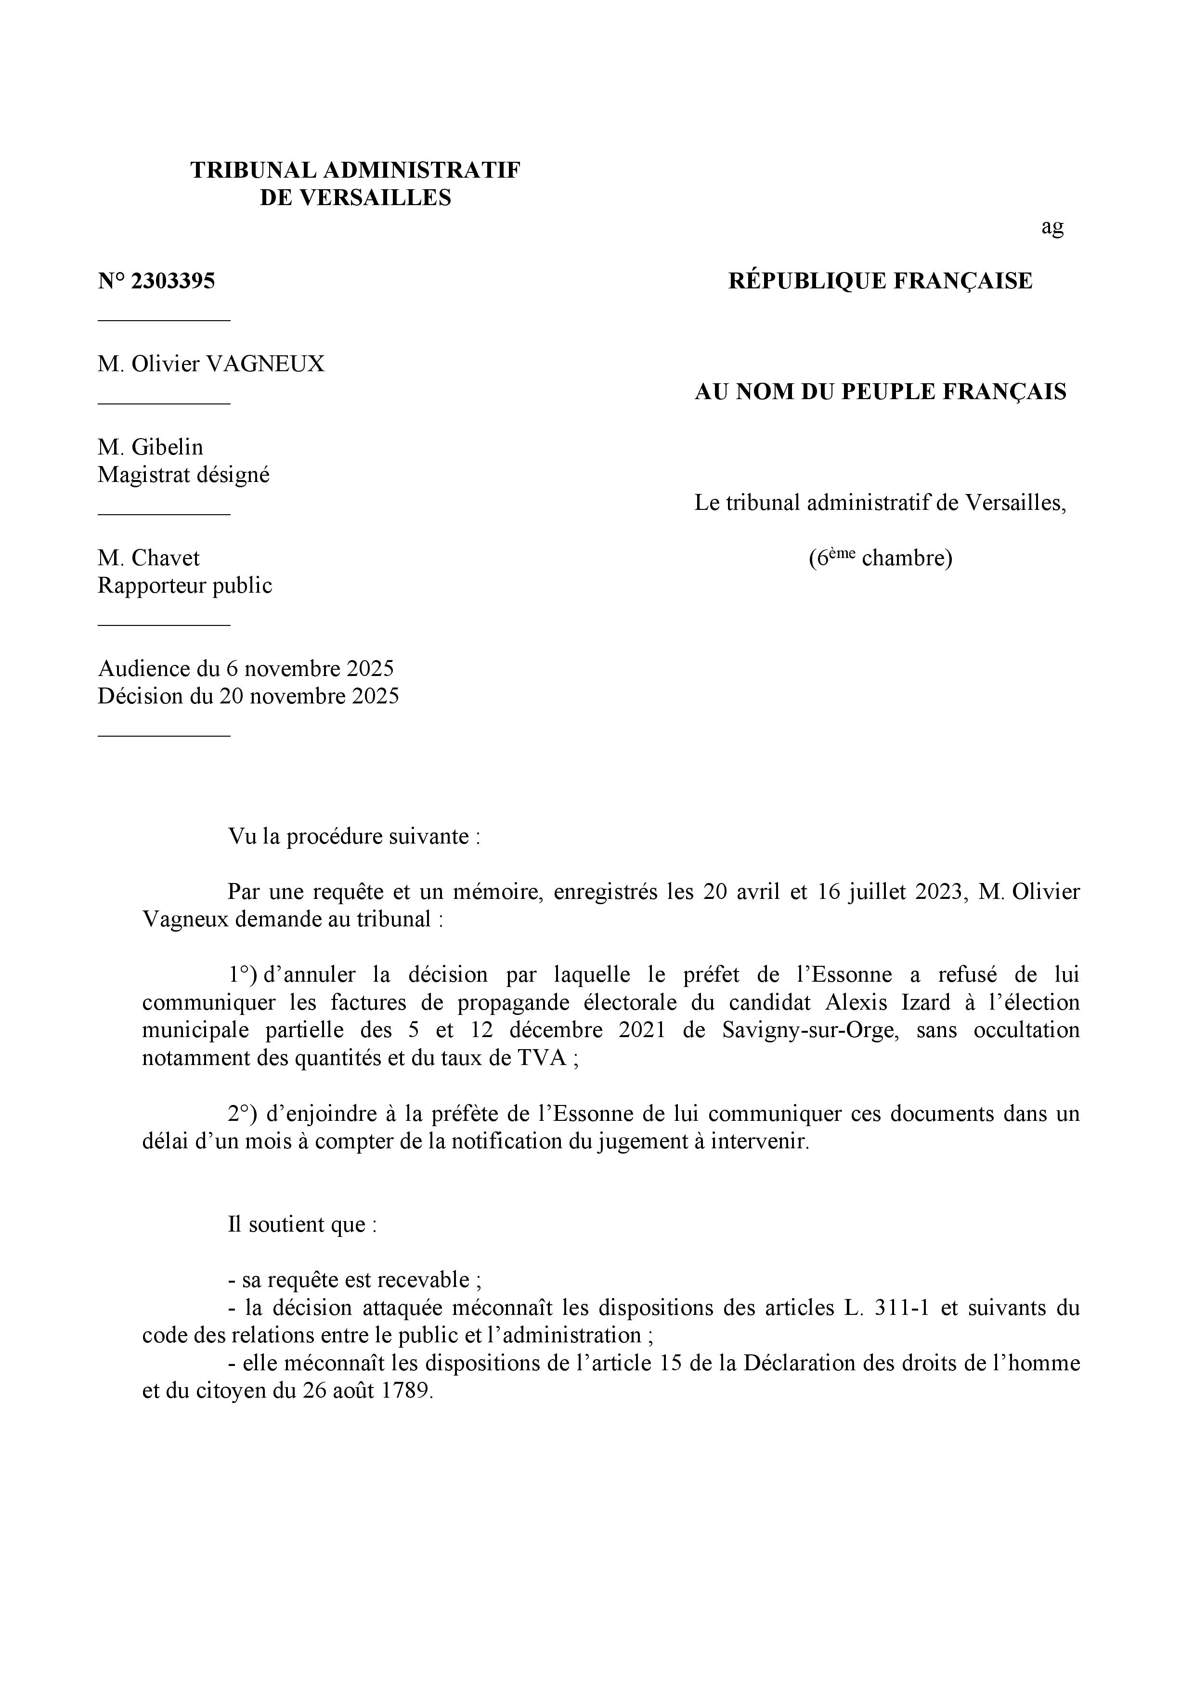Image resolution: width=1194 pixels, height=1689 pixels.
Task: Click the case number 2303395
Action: point(172,281)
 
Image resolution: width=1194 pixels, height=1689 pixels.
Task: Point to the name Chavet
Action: point(166,559)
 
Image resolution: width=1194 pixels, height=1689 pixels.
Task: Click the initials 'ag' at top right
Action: point(1052,227)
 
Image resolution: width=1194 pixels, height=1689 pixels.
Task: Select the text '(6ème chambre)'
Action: point(880,559)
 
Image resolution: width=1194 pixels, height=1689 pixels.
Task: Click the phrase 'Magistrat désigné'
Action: point(184,475)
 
